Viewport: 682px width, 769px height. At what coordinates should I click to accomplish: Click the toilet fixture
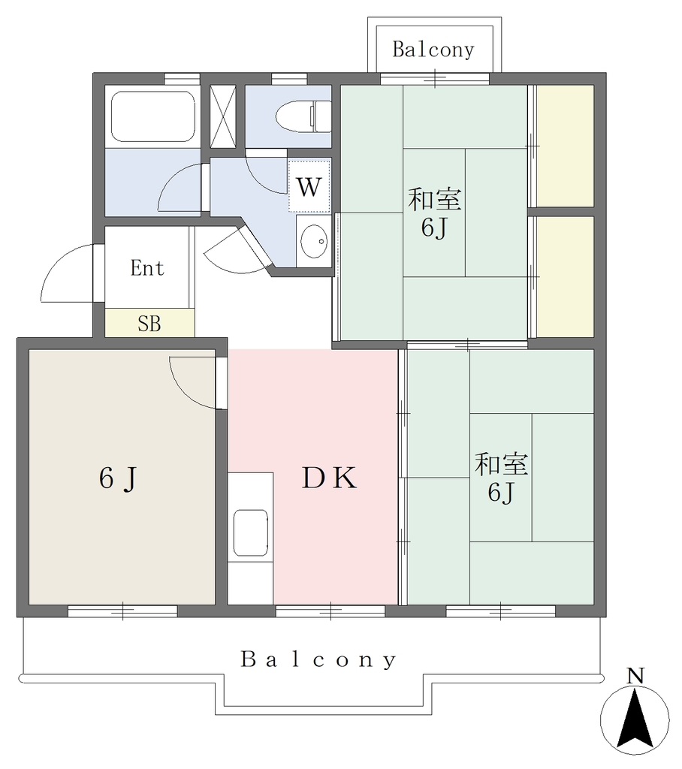[303, 116]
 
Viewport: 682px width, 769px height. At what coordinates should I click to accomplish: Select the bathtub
[153, 116]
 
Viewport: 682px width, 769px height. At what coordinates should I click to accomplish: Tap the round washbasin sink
[313, 241]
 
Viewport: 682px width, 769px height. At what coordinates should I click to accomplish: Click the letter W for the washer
[309, 186]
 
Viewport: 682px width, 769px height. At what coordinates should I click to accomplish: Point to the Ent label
[147, 268]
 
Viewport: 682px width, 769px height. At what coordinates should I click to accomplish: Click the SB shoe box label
[149, 324]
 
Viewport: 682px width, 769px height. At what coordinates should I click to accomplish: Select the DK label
[329, 478]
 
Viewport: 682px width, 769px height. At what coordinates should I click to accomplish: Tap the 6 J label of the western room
[118, 478]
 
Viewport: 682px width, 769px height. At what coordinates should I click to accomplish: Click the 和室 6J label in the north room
[435, 213]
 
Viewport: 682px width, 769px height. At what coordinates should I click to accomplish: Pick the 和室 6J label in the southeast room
[501, 478]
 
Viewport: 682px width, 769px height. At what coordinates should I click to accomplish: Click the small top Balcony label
[433, 50]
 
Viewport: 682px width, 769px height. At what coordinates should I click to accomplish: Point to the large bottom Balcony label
[318, 659]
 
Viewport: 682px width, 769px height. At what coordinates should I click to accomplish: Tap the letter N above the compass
[635, 677]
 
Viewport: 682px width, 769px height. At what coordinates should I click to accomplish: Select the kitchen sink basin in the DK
[251, 532]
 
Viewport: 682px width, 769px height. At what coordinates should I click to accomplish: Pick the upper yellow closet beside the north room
[566, 146]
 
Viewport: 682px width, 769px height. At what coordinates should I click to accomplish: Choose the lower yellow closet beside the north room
[566, 277]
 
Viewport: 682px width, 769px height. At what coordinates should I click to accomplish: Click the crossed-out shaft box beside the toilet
[223, 116]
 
